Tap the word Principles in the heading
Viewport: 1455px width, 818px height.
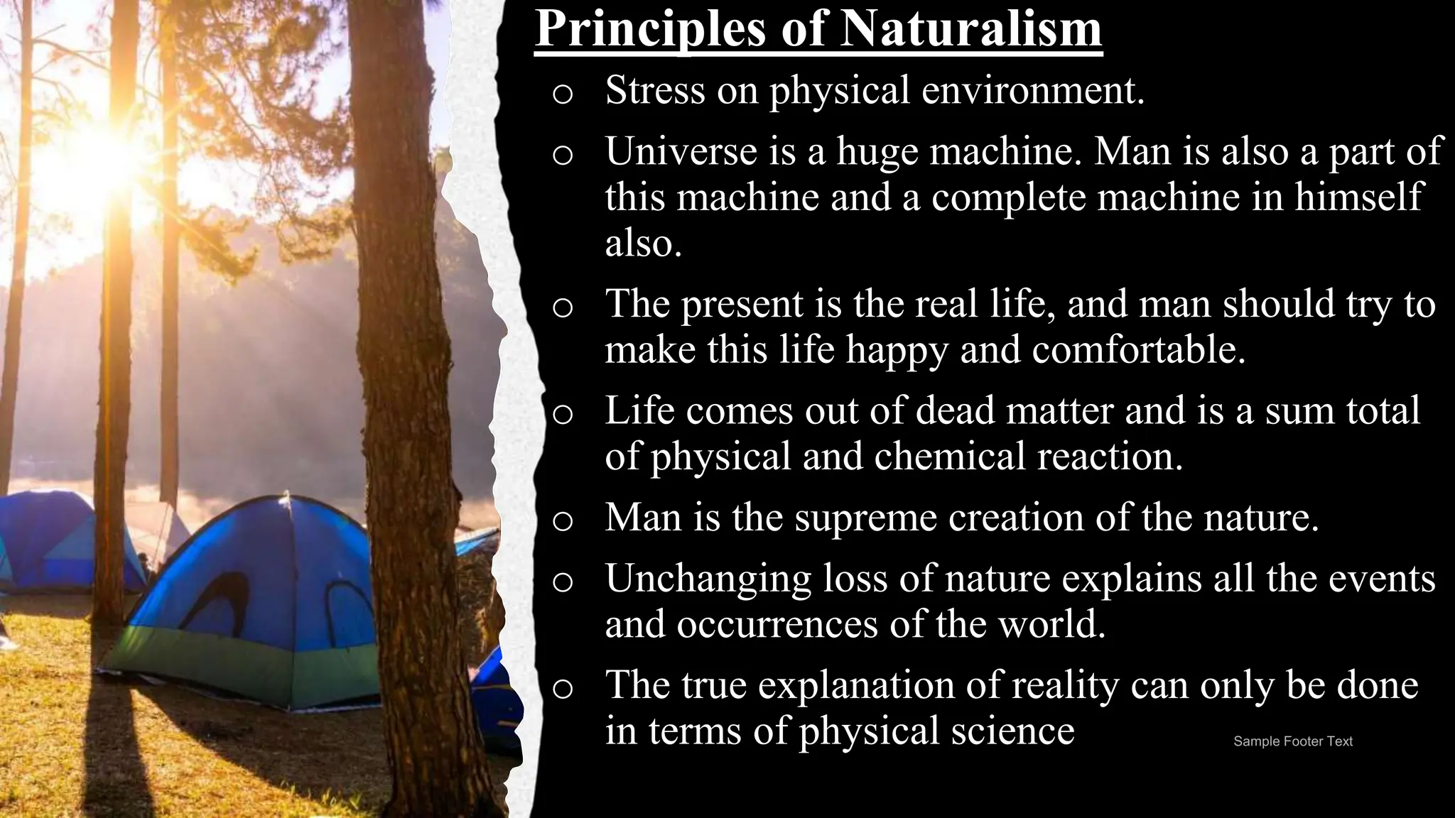651,30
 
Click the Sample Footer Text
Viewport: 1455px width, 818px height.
1292,741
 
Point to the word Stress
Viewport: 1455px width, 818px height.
655,90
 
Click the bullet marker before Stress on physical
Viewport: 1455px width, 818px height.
562,94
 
